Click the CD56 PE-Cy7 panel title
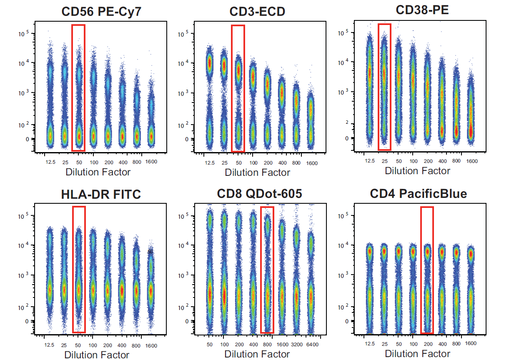[101, 11]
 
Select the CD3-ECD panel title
[257, 11]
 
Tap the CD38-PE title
[417, 10]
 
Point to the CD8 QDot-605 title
[259, 194]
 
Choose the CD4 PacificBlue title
[418, 194]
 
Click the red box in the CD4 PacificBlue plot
[427, 270]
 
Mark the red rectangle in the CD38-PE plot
[384, 87]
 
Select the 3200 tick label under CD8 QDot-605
[297, 345]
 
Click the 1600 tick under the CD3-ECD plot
[311, 163]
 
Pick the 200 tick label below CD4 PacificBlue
[428, 345]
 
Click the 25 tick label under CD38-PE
[384, 161]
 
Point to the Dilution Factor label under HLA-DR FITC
[97, 355]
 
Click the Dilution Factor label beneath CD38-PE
[417, 170]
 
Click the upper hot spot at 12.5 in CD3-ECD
[209, 62]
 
